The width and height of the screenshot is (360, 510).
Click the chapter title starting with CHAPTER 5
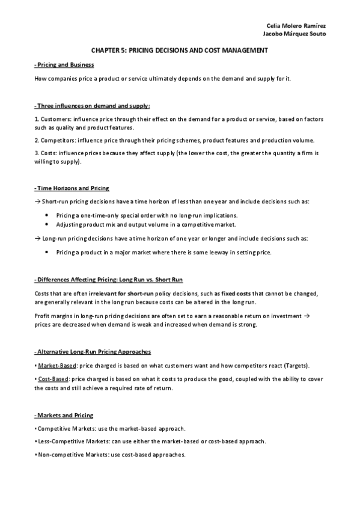180,52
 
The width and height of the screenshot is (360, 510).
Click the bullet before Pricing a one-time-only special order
47,215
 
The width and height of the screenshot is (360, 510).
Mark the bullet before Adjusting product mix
47,224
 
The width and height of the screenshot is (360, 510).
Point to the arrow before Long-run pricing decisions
37,239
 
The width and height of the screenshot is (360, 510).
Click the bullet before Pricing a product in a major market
47,253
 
